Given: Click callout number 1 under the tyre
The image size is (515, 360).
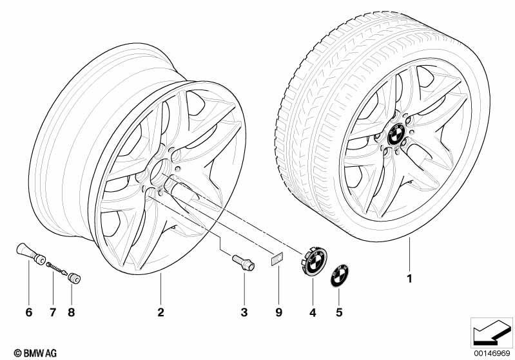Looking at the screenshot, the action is pos(409,279).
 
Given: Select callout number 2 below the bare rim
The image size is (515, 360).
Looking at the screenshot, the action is pos(160,312).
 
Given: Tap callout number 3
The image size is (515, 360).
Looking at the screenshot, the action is pos(244,312).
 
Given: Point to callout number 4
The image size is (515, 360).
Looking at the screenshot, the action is pos(313,313).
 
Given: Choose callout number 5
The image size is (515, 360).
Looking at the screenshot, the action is pos(339,312).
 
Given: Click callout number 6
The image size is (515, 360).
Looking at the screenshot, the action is pos(29,312).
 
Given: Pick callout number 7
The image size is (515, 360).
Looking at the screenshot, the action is pos(53,312).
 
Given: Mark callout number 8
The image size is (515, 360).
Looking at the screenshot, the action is pos(72,312).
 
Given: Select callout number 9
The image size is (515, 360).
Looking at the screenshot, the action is pos(278,312).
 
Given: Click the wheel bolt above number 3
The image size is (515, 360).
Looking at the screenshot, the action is pos(244,263).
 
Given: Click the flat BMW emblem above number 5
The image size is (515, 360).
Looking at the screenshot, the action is pos(340,275).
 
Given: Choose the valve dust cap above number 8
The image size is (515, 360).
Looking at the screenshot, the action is pos(74,278).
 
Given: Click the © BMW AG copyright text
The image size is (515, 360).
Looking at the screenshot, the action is pos(35,353).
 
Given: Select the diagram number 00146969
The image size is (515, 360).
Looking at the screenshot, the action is pos(491,353).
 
